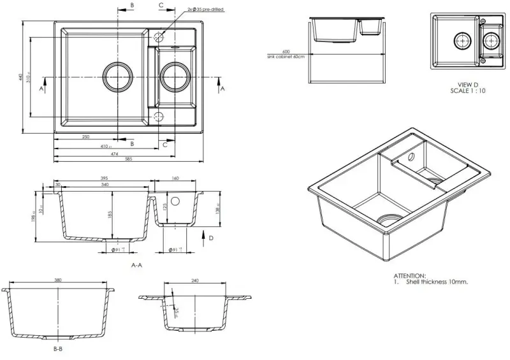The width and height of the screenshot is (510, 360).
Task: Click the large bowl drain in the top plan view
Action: (118, 77)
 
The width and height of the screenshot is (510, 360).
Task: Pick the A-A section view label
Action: (136, 264)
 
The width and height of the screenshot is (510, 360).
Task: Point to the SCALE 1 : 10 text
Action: (467, 91)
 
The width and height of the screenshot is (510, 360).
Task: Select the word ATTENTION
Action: (409, 275)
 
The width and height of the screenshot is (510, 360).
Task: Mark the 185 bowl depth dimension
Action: (110, 215)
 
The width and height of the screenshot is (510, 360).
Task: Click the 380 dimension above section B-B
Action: (58, 280)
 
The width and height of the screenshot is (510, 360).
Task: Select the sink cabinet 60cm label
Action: (286, 57)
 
